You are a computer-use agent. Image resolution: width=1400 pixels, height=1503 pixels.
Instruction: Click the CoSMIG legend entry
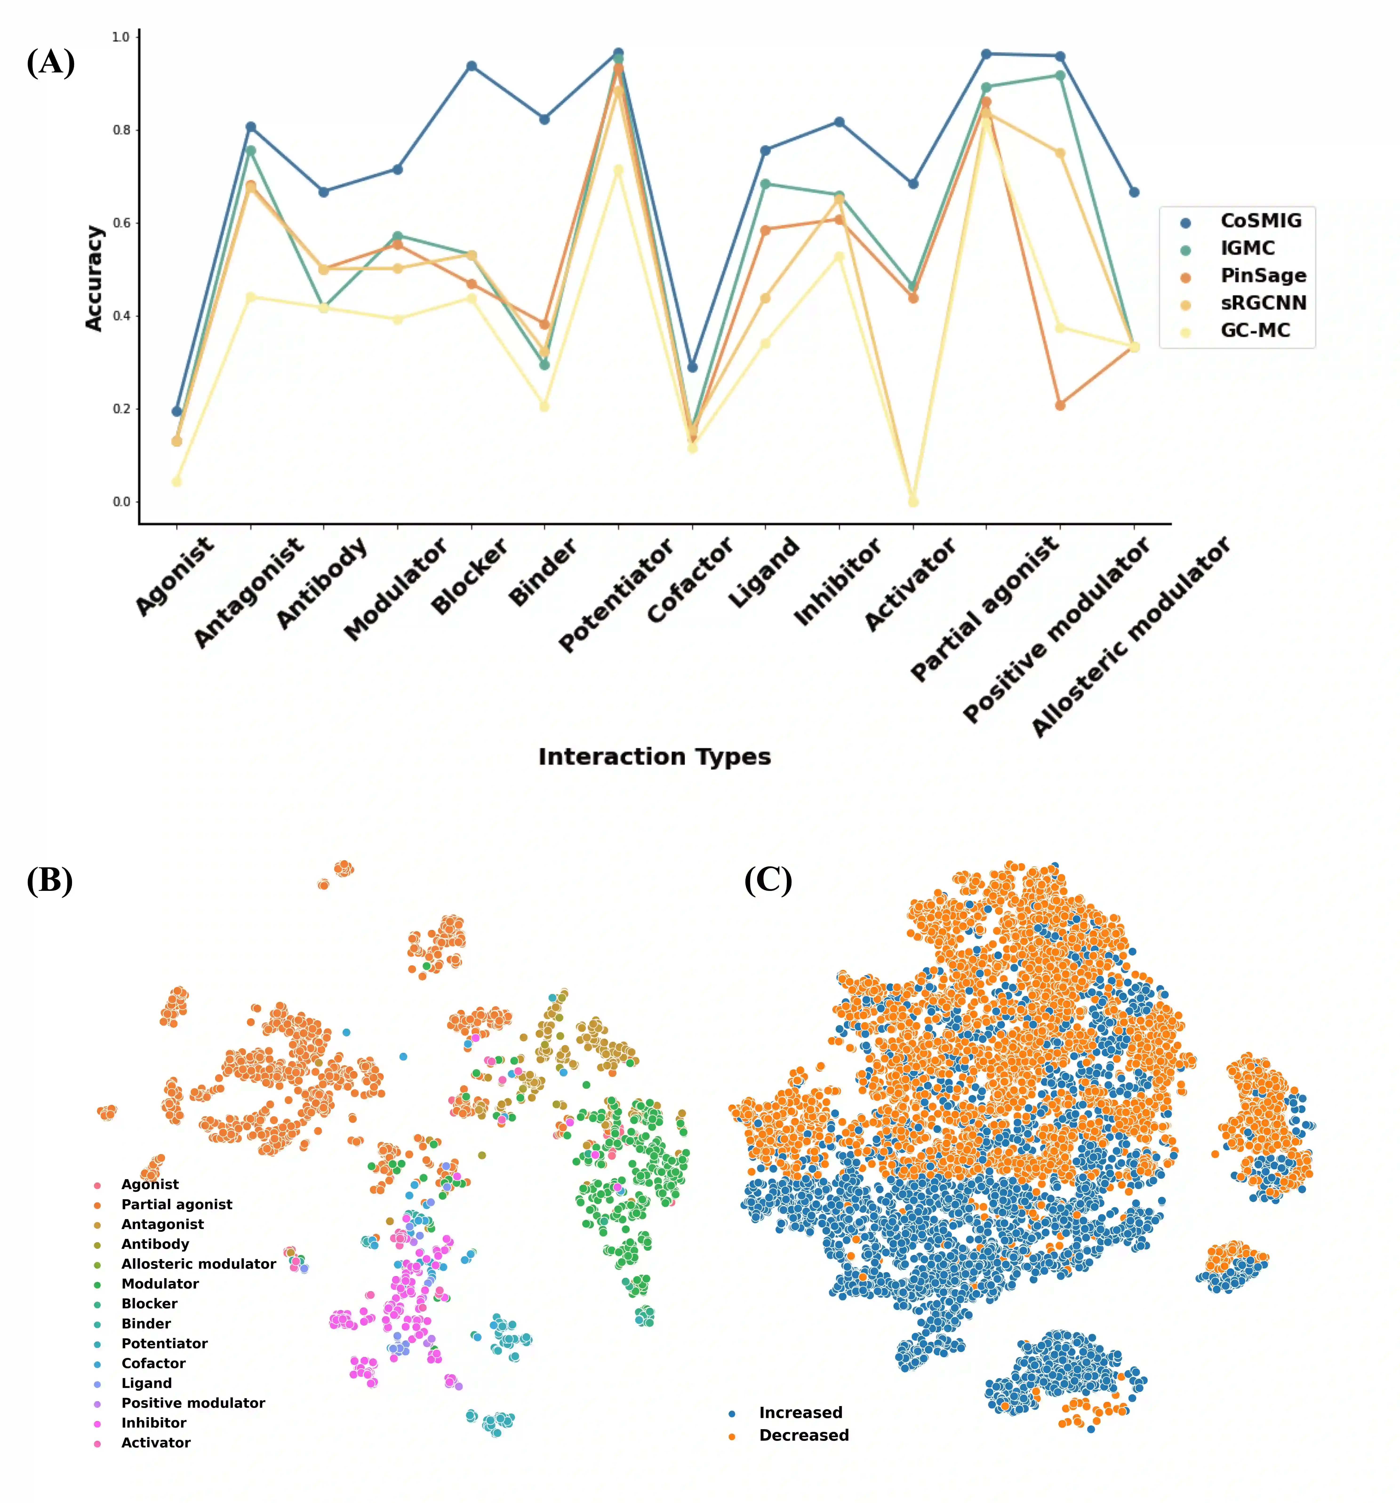[x=1260, y=221]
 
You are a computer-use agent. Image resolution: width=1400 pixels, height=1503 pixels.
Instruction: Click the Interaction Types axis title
[x=654, y=757]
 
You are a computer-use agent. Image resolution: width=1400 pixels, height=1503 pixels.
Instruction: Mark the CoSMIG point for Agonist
[x=177, y=411]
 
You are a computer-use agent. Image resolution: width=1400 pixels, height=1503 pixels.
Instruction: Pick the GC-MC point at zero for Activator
[x=913, y=501]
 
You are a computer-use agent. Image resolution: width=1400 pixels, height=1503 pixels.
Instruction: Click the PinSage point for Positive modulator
[x=1060, y=405]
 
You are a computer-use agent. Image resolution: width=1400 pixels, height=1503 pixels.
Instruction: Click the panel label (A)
[x=51, y=62]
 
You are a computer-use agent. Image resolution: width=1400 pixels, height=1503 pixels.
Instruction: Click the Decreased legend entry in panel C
[x=803, y=1435]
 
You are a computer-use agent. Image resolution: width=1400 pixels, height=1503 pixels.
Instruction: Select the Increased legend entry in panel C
[x=800, y=1412]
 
